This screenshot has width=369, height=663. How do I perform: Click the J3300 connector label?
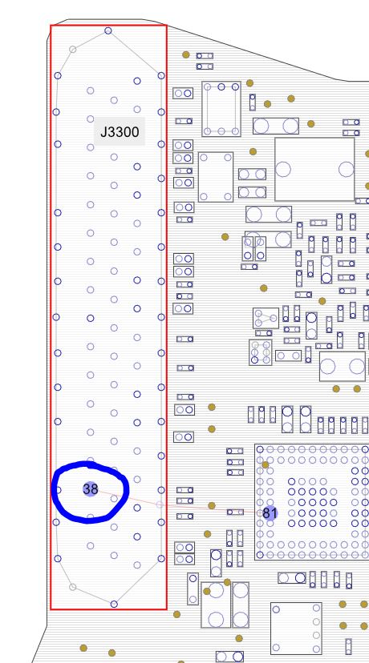[120, 131]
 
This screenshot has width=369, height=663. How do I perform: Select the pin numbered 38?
[90, 489]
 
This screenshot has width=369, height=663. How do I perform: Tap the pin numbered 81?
[270, 513]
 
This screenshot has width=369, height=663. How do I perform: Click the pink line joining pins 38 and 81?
[180, 501]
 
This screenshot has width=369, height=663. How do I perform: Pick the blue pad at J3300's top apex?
[108, 30]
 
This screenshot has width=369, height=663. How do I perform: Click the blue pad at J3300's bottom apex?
[114, 605]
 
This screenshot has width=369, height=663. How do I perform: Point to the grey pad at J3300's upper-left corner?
[73, 50]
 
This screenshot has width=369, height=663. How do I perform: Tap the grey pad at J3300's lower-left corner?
[73, 587]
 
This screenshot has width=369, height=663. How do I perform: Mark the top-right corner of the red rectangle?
[167, 26]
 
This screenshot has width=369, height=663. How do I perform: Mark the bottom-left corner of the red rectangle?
[51, 609]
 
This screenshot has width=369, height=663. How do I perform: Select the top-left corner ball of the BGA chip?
[260, 449]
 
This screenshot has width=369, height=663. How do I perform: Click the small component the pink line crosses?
[235, 512]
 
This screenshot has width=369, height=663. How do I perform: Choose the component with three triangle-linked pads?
[266, 318]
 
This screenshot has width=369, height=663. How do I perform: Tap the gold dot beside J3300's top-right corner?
[186, 54]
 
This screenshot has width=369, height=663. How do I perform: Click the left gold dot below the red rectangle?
[83, 648]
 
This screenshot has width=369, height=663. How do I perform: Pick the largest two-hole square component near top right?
[314, 169]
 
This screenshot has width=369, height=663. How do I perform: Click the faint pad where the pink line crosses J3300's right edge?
[160, 504]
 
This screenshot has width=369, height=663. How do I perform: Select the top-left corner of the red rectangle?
[51, 26]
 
